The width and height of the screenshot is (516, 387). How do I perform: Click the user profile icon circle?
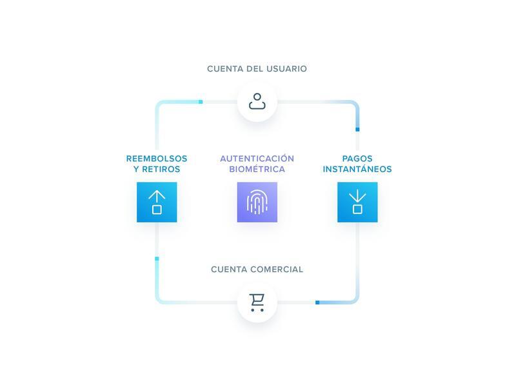[257, 102]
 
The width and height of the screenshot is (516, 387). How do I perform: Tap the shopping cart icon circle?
[257, 302]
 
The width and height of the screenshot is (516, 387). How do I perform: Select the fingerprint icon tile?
[257, 202]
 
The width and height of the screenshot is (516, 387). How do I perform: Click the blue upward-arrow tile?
[157, 202]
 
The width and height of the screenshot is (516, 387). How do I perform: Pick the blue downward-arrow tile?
[357, 202]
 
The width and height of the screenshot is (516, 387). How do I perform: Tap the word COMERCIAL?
[277, 269]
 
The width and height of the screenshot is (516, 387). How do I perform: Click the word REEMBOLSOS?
[157, 159]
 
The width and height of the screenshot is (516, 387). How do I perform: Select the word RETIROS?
[162, 170]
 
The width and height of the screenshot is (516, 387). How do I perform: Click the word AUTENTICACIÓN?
[257, 159]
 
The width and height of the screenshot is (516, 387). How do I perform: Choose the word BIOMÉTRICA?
[257, 170]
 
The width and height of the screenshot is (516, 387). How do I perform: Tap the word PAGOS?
[357, 159]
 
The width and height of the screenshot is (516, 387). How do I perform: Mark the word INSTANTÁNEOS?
[357, 170]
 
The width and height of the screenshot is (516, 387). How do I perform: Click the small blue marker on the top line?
[201, 102]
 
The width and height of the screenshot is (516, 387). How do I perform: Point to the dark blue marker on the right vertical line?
[357, 130]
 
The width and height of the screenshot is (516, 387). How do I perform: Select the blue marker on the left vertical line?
[157, 259]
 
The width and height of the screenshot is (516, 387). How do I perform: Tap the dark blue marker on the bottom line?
[317, 302]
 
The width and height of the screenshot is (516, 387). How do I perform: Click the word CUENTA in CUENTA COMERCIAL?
[229, 269]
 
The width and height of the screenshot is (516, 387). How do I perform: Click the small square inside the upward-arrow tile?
[157, 209]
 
